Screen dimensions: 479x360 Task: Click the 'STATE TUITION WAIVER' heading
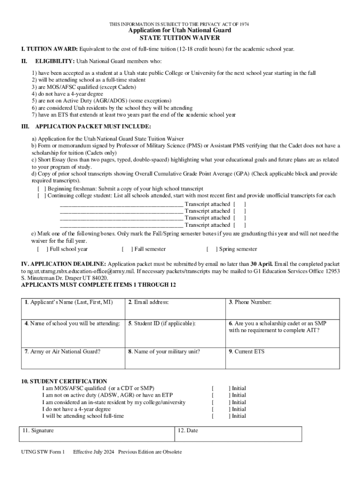coord(180,38)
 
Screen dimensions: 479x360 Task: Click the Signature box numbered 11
coord(96,434)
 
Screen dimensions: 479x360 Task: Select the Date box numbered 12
coord(238,434)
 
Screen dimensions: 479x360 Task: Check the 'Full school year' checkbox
coord(42,249)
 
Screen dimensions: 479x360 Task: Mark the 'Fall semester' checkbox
coord(127,249)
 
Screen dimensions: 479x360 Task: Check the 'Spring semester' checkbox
coord(212,249)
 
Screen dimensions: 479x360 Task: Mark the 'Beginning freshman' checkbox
coord(42,189)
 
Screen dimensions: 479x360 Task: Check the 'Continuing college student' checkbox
coord(42,196)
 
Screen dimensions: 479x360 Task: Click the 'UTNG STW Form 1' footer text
coord(43,452)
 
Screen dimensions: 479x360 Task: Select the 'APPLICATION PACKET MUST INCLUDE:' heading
coord(93,127)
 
